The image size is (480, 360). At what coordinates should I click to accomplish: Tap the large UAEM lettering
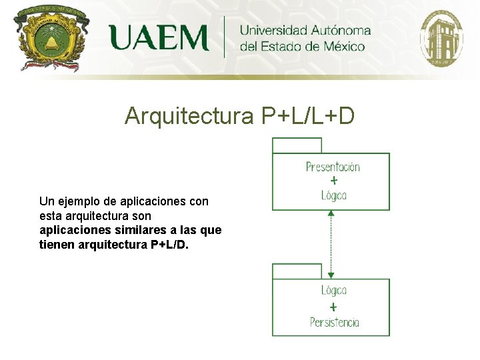pos(159,38)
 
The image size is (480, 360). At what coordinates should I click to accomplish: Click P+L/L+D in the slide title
pos(308,116)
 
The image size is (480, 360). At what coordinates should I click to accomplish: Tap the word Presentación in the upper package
pos(333,167)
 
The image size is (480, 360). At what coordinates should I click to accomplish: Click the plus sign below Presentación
pos(333,181)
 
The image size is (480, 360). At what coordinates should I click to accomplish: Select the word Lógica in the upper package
pos(333,195)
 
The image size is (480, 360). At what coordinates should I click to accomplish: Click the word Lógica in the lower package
pos(333,291)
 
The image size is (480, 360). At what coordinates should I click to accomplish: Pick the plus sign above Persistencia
pos(333,307)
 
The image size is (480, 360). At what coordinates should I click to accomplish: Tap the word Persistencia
pos(334,323)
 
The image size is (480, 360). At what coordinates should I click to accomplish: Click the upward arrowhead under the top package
pos(331,214)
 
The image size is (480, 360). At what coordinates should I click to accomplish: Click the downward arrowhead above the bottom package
pos(331,275)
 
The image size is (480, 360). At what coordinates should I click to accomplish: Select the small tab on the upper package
pos(297,145)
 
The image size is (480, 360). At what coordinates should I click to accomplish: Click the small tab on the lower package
pos(297,271)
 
